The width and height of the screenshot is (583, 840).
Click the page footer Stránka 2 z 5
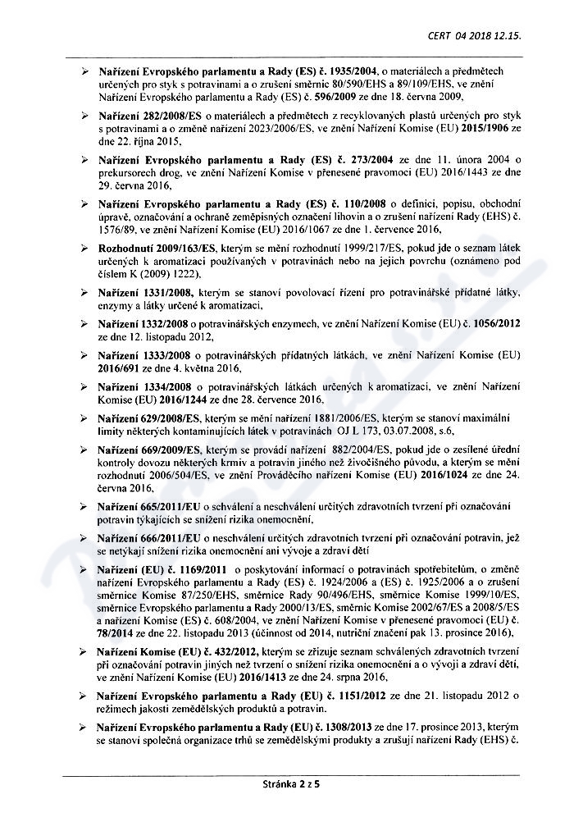click(291, 783)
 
